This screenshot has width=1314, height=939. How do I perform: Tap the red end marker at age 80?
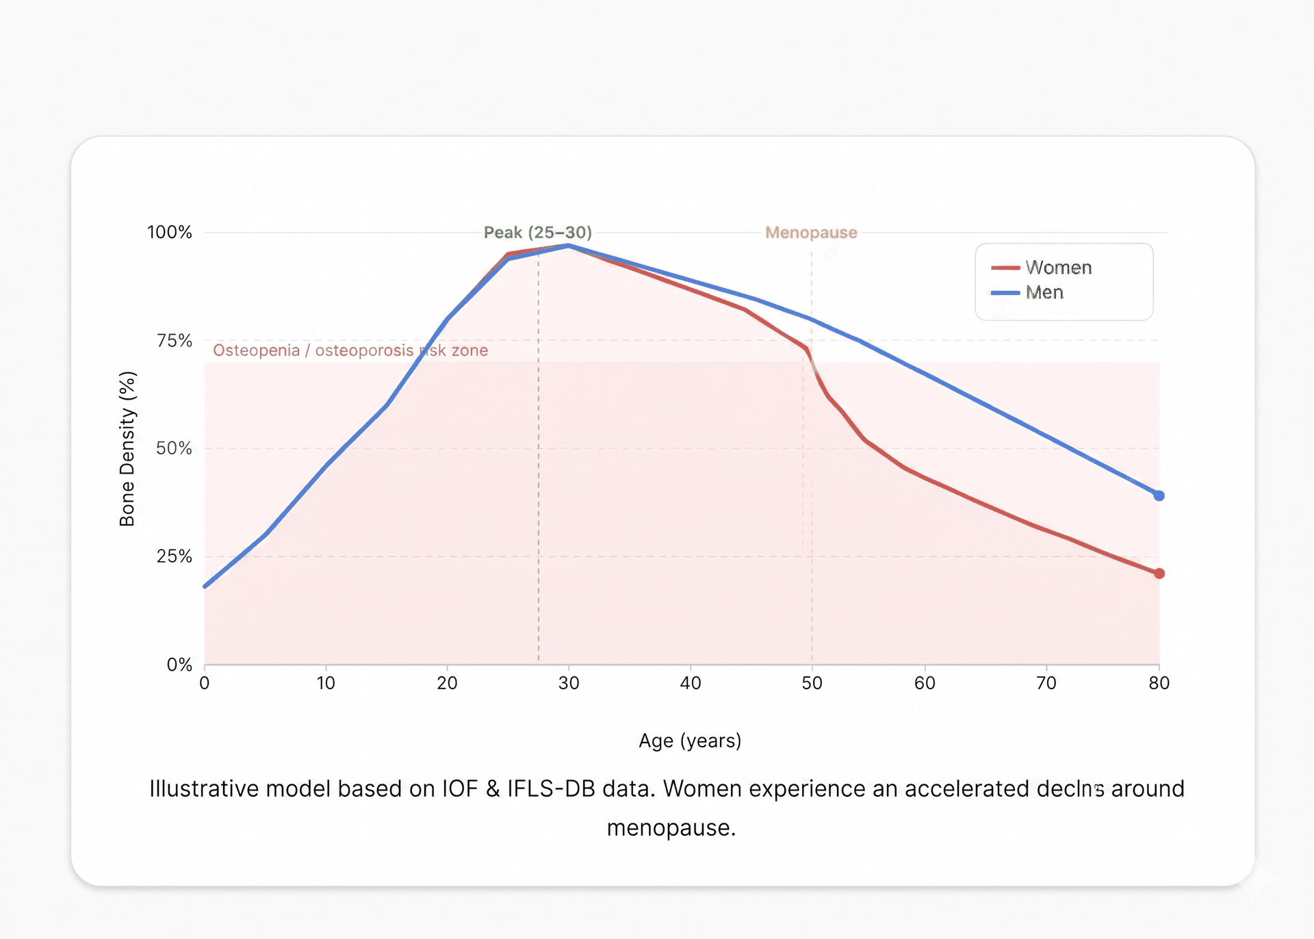(1159, 574)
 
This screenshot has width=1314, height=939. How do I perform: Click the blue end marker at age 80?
(1159, 496)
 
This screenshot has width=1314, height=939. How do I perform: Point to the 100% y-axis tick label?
(169, 232)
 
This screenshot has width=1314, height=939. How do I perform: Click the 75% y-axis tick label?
(174, 340)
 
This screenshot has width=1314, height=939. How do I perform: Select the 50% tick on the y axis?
(174, 448)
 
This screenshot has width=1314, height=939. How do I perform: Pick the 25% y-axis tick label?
(174, 556)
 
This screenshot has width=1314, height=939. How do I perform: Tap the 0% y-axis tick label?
(179, 665)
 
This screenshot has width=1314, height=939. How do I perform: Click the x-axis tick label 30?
(568, 683)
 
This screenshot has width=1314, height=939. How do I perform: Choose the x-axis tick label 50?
(812, 683)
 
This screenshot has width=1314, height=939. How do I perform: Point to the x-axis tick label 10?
(326, 683)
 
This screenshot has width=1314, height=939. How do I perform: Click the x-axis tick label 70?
(1046, 683)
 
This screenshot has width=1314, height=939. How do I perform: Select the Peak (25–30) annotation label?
(537, 233)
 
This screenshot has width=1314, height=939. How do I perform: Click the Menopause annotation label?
(811, 233)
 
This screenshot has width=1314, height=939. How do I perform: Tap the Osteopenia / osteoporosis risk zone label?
(350, 350)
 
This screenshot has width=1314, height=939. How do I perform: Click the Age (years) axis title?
(690, 741)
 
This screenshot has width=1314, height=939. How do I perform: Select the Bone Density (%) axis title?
(127, 449)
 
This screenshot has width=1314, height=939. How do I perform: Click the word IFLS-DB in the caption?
(551, 788)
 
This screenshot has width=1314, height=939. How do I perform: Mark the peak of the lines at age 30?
(568, 246)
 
